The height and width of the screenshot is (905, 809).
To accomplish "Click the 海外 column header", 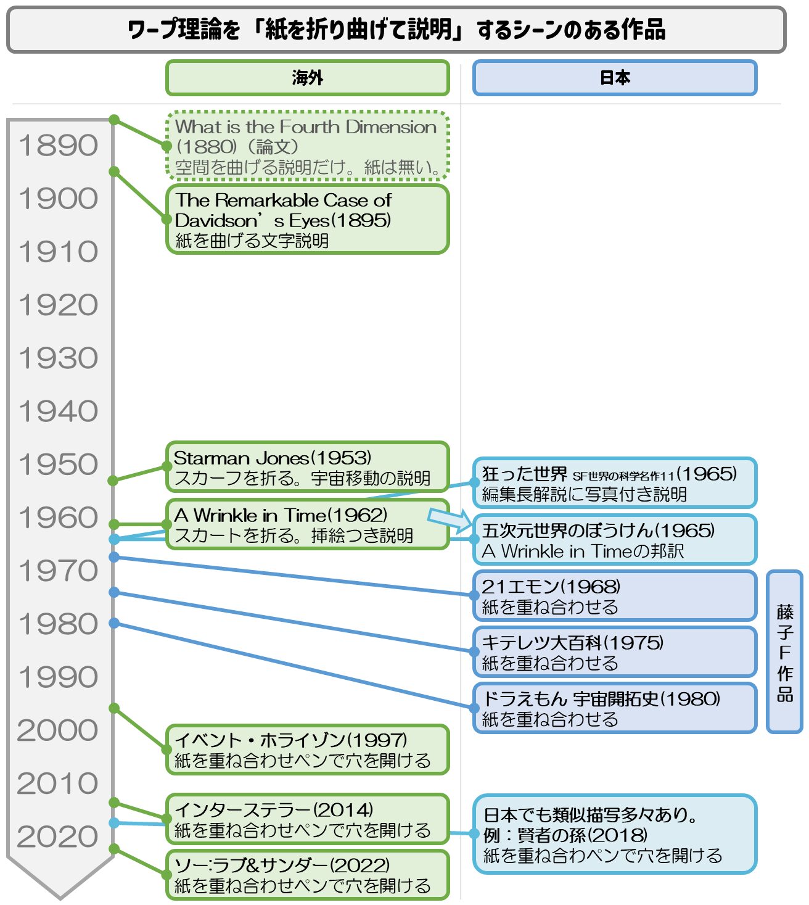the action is tap(307, 78).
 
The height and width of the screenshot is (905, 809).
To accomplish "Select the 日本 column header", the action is tap(615, 78).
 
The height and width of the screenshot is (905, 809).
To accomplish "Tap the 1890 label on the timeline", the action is tap(58, 145).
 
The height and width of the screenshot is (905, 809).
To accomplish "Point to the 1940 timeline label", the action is tap(58, 411).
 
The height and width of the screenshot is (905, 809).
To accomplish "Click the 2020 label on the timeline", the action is tap(57, 836).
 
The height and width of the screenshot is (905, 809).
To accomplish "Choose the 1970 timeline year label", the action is tap(58, 571).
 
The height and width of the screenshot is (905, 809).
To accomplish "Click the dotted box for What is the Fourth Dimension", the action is tap(307, 146).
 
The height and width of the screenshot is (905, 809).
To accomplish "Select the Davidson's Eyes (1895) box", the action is tap(307, 220).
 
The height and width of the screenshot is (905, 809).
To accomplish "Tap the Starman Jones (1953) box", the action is tap(307, 467).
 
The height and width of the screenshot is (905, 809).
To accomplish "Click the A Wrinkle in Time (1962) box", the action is tap(307, 524).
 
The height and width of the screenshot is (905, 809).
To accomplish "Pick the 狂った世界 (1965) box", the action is tap(615, 482).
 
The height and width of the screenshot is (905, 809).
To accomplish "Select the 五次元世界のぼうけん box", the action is tap(615, 540).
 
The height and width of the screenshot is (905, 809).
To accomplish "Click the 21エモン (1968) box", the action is tap(615, 595).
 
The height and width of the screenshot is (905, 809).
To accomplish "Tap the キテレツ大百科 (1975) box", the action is tap(615, 651).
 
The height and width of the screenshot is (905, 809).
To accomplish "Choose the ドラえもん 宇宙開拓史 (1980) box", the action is tap(615, 708).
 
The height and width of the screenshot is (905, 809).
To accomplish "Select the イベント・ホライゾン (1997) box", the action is tap(307, 749).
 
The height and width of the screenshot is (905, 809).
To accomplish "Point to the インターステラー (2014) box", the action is tap(307, 819).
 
